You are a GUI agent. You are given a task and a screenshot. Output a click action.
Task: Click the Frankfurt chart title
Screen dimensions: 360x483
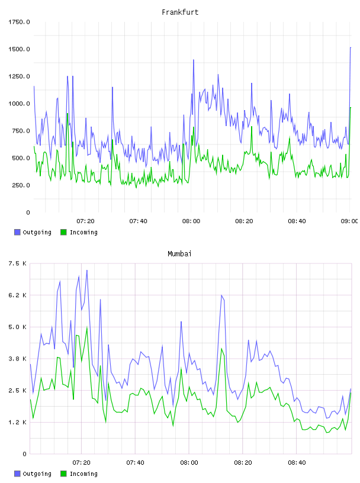coord(180,12)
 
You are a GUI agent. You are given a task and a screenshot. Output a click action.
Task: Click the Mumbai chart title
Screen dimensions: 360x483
coord(179,253)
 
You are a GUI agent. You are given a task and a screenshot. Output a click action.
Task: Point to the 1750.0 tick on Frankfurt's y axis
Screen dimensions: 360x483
coord(19,22)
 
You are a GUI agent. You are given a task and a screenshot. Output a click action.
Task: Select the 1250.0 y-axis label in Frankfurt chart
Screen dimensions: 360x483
coord(19,76)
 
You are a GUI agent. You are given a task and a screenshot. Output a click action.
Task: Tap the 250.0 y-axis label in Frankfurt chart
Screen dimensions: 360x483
coord(21,185)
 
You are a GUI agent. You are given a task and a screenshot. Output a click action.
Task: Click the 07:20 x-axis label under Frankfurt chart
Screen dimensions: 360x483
coord(85,221)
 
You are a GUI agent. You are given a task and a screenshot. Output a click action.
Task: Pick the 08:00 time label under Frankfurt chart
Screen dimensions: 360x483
coord(191,221)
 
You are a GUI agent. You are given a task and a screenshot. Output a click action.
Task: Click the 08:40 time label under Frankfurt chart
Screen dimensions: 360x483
coord(297,221)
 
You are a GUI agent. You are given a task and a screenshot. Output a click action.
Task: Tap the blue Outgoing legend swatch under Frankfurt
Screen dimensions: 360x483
coord(17,232)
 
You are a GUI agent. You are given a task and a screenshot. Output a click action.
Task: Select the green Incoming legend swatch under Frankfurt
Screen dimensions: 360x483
coord(63,232)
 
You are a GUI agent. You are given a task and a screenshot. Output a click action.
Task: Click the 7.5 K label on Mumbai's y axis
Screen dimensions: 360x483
coord(18,263)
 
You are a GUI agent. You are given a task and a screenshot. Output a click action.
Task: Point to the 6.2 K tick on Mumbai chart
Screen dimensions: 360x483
coord(18,295)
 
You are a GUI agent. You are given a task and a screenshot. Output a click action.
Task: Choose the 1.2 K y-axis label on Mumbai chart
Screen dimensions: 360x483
coord(18,422)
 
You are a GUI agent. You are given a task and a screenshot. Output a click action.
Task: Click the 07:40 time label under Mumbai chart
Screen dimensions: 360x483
coord(136,462)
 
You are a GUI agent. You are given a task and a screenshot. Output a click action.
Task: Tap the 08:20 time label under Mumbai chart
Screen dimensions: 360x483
coord(243,462)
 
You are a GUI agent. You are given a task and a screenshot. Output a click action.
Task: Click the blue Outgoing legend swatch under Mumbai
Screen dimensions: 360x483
coord(17,474)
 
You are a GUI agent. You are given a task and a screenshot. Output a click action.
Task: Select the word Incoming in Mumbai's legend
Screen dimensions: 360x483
coord(83,474)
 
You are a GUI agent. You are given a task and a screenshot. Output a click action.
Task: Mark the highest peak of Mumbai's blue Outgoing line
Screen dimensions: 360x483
coord(87,271)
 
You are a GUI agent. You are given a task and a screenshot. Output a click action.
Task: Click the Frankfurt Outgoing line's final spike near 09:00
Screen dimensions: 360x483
coord(351,48)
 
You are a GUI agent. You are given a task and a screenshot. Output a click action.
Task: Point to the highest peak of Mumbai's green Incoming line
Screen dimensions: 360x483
coord(87,327)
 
